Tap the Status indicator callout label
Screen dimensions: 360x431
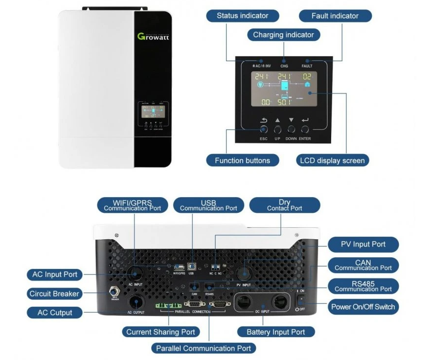[x=242, y=16]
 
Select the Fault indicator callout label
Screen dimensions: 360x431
[x=335, y=16]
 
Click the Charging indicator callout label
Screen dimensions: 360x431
[x=283, y=35]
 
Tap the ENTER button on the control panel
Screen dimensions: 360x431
[x=305, y=130]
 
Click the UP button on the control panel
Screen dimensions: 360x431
[x=277, y=130]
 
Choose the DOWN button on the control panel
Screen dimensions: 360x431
[x=291, y=130]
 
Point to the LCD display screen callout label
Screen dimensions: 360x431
[x=332, y=160]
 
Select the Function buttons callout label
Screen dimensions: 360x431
[x=242, y=160]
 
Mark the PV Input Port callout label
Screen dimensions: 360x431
[x=363, y=244]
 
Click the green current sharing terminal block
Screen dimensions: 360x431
[x=167, y=305]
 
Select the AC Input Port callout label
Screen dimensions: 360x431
[x=55, y=274]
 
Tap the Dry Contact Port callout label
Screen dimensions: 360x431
[x=284, y=205]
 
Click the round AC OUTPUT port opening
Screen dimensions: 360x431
[x=136, y=300]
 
